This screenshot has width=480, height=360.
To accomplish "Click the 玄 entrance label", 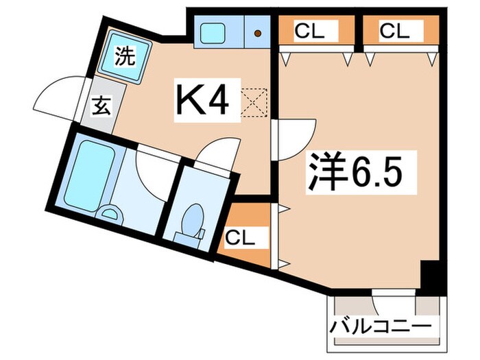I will pyautogui.click(x=101, y=108).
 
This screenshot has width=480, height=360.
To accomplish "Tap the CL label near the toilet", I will pyautogui.click(x=241, y=239).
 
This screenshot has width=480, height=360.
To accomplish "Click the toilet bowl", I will pyautogui.click(x=191, y=219).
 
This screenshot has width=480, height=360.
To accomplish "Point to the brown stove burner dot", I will pyautogui.click(x=257, y=32).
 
